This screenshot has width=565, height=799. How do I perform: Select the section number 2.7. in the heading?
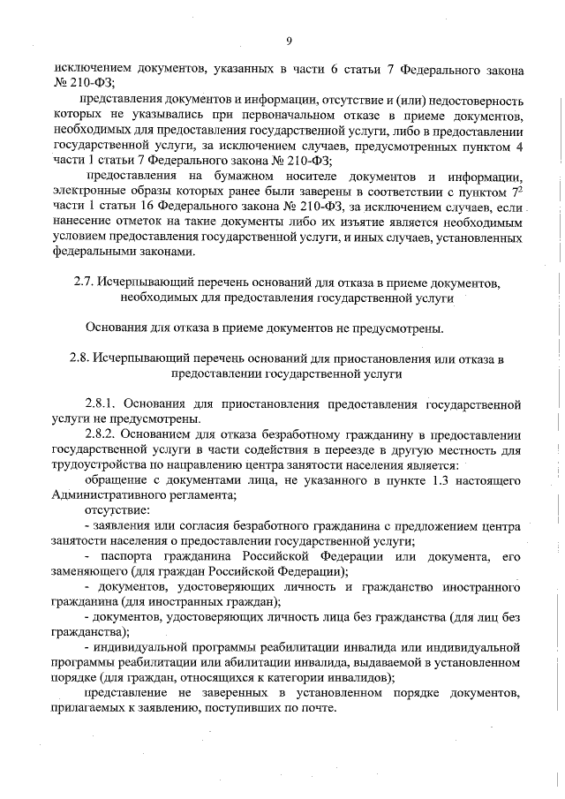pyautogui.click(x=83, y=283)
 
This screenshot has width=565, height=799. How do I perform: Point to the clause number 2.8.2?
pyautogui.click(x=104, y=435)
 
